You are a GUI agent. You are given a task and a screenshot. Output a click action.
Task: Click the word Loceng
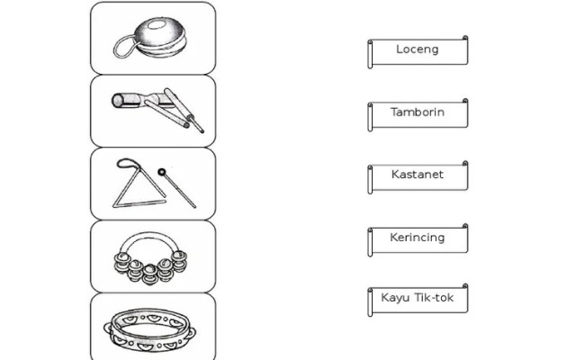417,49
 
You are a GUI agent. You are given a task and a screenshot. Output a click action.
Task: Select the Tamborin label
418,112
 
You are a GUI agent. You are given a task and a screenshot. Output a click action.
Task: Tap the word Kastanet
418,175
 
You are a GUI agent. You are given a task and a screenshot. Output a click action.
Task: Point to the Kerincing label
418,238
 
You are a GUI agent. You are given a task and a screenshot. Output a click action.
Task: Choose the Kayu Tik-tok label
417,298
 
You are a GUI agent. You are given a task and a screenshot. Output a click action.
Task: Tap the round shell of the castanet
160,37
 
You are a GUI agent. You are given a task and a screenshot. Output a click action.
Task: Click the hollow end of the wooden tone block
118,101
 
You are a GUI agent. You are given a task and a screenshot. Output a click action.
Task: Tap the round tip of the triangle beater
161,172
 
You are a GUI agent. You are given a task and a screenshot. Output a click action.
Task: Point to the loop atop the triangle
128,163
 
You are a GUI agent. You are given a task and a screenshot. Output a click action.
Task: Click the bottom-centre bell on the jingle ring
149,274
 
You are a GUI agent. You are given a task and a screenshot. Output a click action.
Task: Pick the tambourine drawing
149,330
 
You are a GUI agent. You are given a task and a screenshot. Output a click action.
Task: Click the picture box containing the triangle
153,184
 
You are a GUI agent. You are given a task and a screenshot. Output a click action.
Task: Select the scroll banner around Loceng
418,52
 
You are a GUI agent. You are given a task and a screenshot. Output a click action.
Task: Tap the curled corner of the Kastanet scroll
465,164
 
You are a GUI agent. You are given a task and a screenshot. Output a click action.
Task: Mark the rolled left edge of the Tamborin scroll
370,117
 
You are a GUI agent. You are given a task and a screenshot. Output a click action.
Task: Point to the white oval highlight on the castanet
157,25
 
